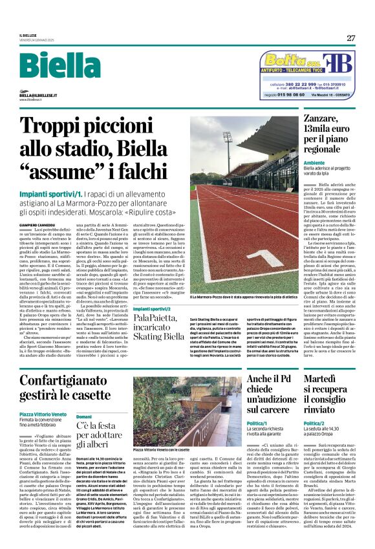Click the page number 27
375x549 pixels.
tap(350, 38)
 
